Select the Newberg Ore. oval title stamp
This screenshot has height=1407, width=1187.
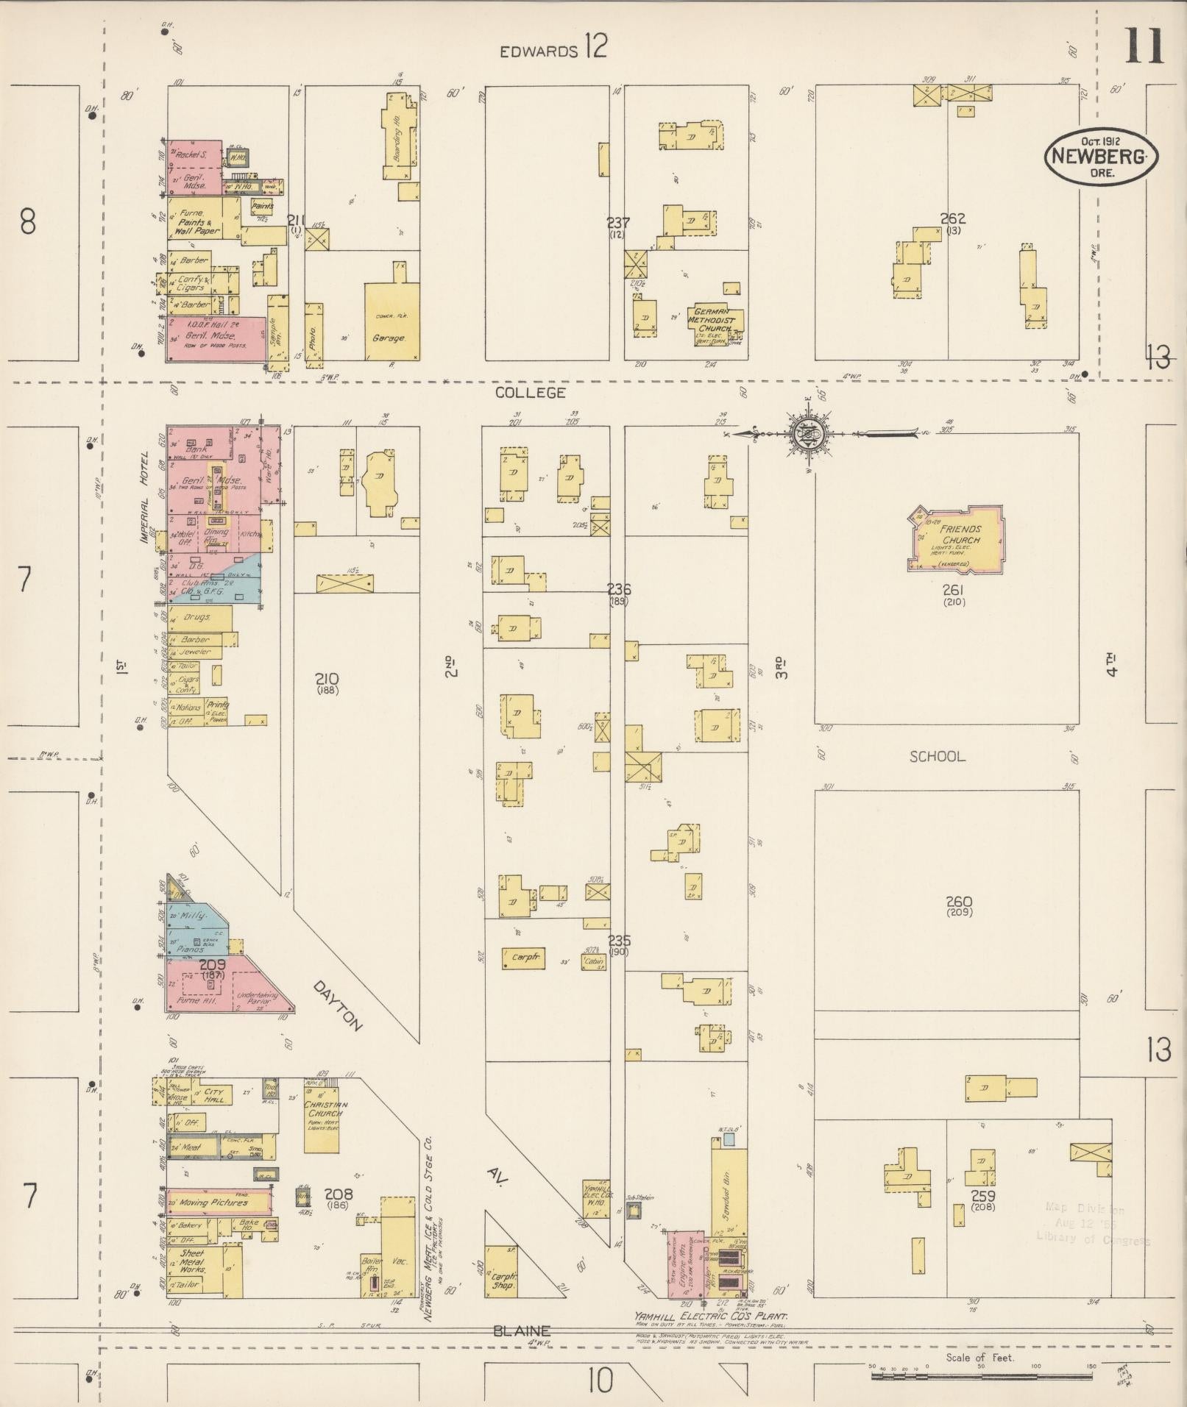(1101, 155)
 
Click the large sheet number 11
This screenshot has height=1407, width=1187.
(1143, 46)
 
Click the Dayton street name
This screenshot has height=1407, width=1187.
(339, 1005)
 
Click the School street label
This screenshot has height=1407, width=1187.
(937, 756)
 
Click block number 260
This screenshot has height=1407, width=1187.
(960, 902)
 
